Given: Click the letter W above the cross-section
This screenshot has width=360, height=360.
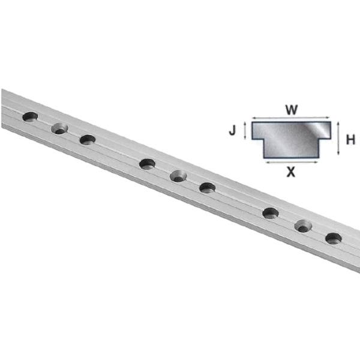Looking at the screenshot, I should [x=291, y=110].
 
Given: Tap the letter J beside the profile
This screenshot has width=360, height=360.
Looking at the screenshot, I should [x=235, y=130].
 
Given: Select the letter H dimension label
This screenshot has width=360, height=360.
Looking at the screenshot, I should [x=350, y=140].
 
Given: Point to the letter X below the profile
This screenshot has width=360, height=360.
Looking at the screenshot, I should [x=291, y=172].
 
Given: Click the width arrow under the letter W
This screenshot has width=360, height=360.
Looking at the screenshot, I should [x=291, y=118].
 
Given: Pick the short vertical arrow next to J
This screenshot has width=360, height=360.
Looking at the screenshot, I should [x=245, y=130].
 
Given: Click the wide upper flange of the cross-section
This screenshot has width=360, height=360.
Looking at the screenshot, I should [x=291, y=130].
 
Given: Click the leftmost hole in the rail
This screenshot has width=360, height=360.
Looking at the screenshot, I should [x=30, y=116].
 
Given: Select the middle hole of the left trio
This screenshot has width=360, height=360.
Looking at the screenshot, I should [x=59, y=128].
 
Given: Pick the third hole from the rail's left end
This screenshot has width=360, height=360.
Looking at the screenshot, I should [x=88, y=140].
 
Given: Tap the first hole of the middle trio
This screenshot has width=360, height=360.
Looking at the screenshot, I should [x=147, y=163].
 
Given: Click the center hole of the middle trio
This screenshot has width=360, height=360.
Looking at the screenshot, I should [x=178, y=176].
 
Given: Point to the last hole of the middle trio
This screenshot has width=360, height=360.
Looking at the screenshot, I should [x=208, y=187].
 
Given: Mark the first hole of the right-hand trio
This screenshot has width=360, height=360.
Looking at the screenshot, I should [x=271, y=212].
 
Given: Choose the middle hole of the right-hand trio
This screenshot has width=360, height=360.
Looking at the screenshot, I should [x=303, y=226].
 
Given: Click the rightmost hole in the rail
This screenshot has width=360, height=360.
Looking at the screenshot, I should [x=334, y=238].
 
